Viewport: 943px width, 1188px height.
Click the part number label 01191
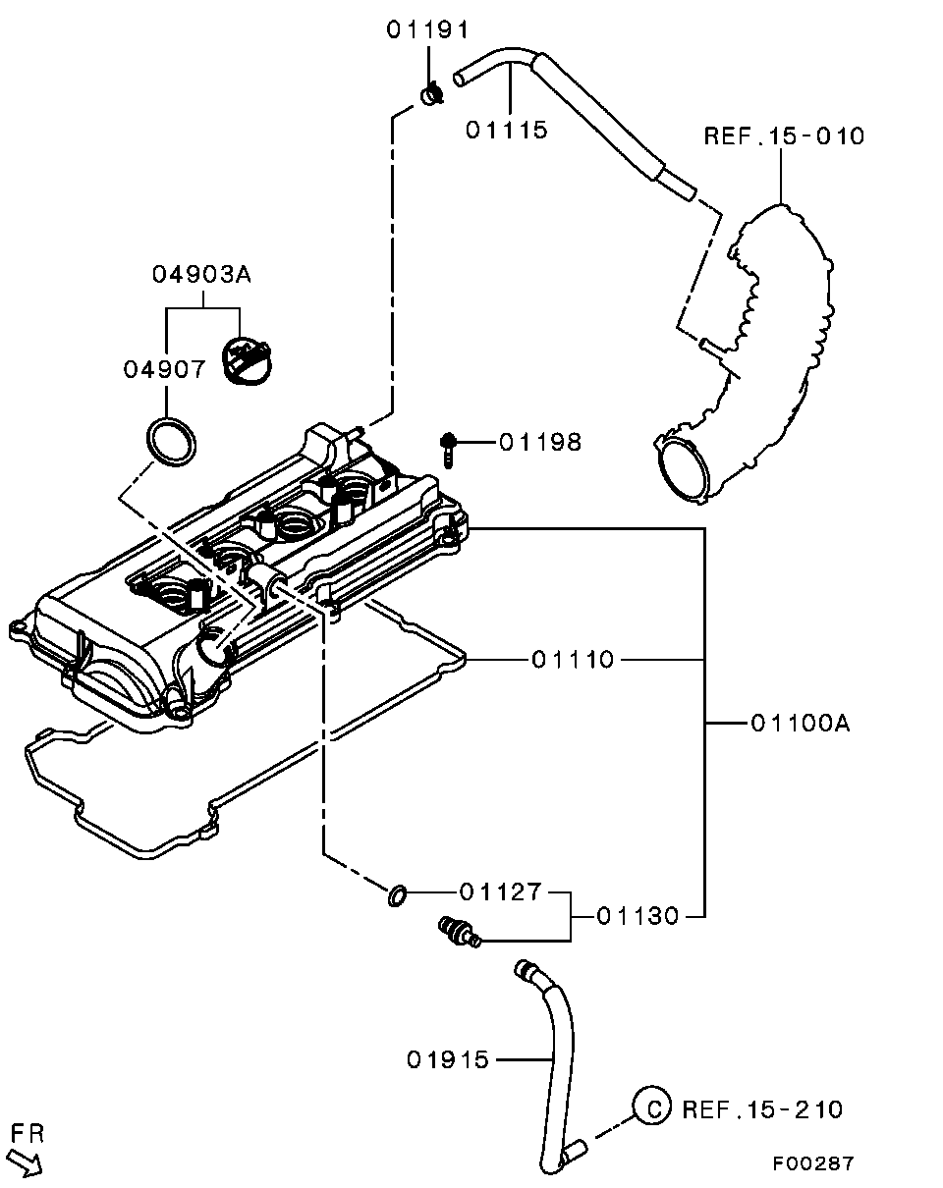(427, 29)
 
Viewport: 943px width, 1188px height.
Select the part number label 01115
(506, 130)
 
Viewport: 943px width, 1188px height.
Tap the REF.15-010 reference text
(784, 135)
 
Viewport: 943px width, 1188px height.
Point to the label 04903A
(201, 274)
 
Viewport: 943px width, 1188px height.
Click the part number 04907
(165, 369)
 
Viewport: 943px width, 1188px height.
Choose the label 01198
(539, 443)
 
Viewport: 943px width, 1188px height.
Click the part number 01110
(573, 660)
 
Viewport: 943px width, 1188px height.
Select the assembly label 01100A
(800, 725)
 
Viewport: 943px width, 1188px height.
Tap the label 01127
(500, 892)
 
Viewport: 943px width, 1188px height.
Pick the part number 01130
(638, 916)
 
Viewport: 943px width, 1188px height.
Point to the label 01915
(448, 1059)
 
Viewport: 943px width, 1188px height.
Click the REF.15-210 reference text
(762, 1109)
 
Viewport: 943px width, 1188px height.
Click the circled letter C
(649, 1107)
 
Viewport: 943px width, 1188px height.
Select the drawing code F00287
(812, 1163)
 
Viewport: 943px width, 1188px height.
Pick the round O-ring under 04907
(171, 439)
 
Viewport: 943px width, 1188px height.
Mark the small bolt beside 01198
(449, 449)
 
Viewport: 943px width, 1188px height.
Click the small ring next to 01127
(396, 894)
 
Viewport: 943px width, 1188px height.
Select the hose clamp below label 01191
(431, 94)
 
